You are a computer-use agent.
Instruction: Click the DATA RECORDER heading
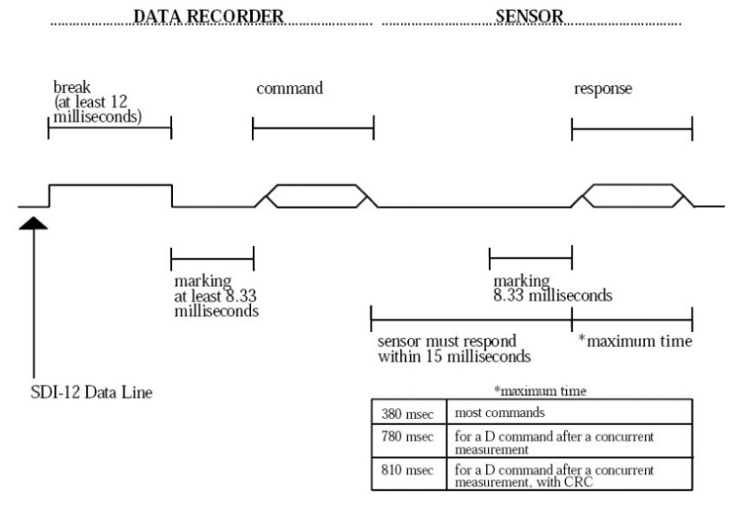(208, 15)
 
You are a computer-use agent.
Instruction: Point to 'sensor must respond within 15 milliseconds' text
(453, 349)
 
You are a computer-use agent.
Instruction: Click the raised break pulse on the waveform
(109, 185)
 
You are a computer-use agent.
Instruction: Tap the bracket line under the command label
(313, 129)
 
